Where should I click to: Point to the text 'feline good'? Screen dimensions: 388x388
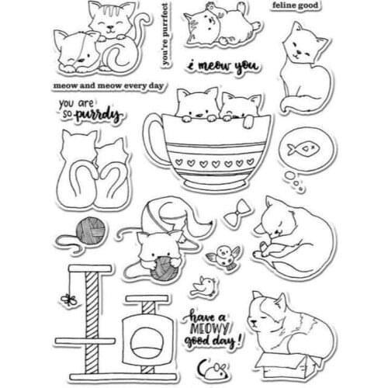coord(294,6)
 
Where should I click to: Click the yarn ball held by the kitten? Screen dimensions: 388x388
coord(165,268)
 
